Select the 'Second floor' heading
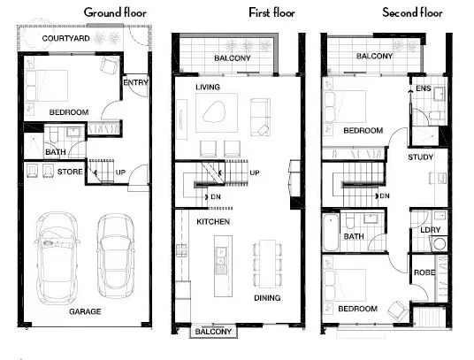(413, 12)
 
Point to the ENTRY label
(136, 82)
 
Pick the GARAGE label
(86, 311)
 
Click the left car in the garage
(57, 257)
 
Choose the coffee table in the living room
(215, 111)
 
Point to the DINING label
(267, 298)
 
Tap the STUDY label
(420, 157)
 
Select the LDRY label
(431, 230)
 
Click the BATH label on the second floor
(354, 236)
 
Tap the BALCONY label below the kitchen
(212, 332)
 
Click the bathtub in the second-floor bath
(331, 231)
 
